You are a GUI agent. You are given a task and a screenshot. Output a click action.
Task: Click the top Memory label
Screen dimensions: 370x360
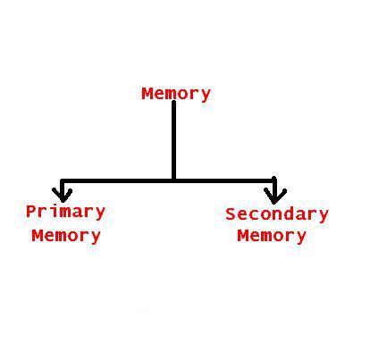click(x=176, y=94)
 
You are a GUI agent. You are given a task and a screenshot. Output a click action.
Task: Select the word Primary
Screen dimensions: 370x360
click(x=65, y=213)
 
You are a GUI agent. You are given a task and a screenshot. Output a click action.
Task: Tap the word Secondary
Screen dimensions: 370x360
click(x=277, y=214)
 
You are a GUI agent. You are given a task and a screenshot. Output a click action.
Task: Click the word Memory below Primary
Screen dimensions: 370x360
click(x=66, y=236)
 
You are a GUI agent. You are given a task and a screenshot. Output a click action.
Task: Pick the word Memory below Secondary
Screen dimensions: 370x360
click(x=272, y=236)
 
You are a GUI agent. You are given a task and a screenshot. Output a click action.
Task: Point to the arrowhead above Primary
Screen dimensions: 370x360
click(x=62, y=195)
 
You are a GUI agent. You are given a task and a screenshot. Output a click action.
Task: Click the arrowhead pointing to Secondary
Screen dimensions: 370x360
click(x=274, y=196)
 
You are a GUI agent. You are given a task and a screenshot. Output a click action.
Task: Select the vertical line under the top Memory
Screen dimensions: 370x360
click(x=173, y=140)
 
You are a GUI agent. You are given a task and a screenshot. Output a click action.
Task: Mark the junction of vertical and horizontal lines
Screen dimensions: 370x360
click(x=173, y=180)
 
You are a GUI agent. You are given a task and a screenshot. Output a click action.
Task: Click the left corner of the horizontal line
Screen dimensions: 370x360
click(x=62, y=180)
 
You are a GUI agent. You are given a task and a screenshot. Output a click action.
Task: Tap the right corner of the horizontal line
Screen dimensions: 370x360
click(x=274, y=180)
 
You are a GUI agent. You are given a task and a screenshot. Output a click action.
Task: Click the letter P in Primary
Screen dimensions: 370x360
click(x=31, y=211)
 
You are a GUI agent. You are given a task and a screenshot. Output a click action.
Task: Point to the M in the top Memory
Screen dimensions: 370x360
click(x=147, y=94)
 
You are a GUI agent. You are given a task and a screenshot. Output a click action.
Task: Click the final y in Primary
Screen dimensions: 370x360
click(x=100, y=213)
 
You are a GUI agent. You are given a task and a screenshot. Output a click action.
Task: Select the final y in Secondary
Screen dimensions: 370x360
click(x=324, y=216)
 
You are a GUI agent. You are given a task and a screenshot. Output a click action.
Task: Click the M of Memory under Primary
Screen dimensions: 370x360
click(x=38, y=236)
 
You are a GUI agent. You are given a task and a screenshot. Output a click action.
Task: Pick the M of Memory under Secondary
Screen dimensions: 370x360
click(x=243, y=236)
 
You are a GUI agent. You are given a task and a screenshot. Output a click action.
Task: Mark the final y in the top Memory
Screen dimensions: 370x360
click(x=206, y=96)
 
